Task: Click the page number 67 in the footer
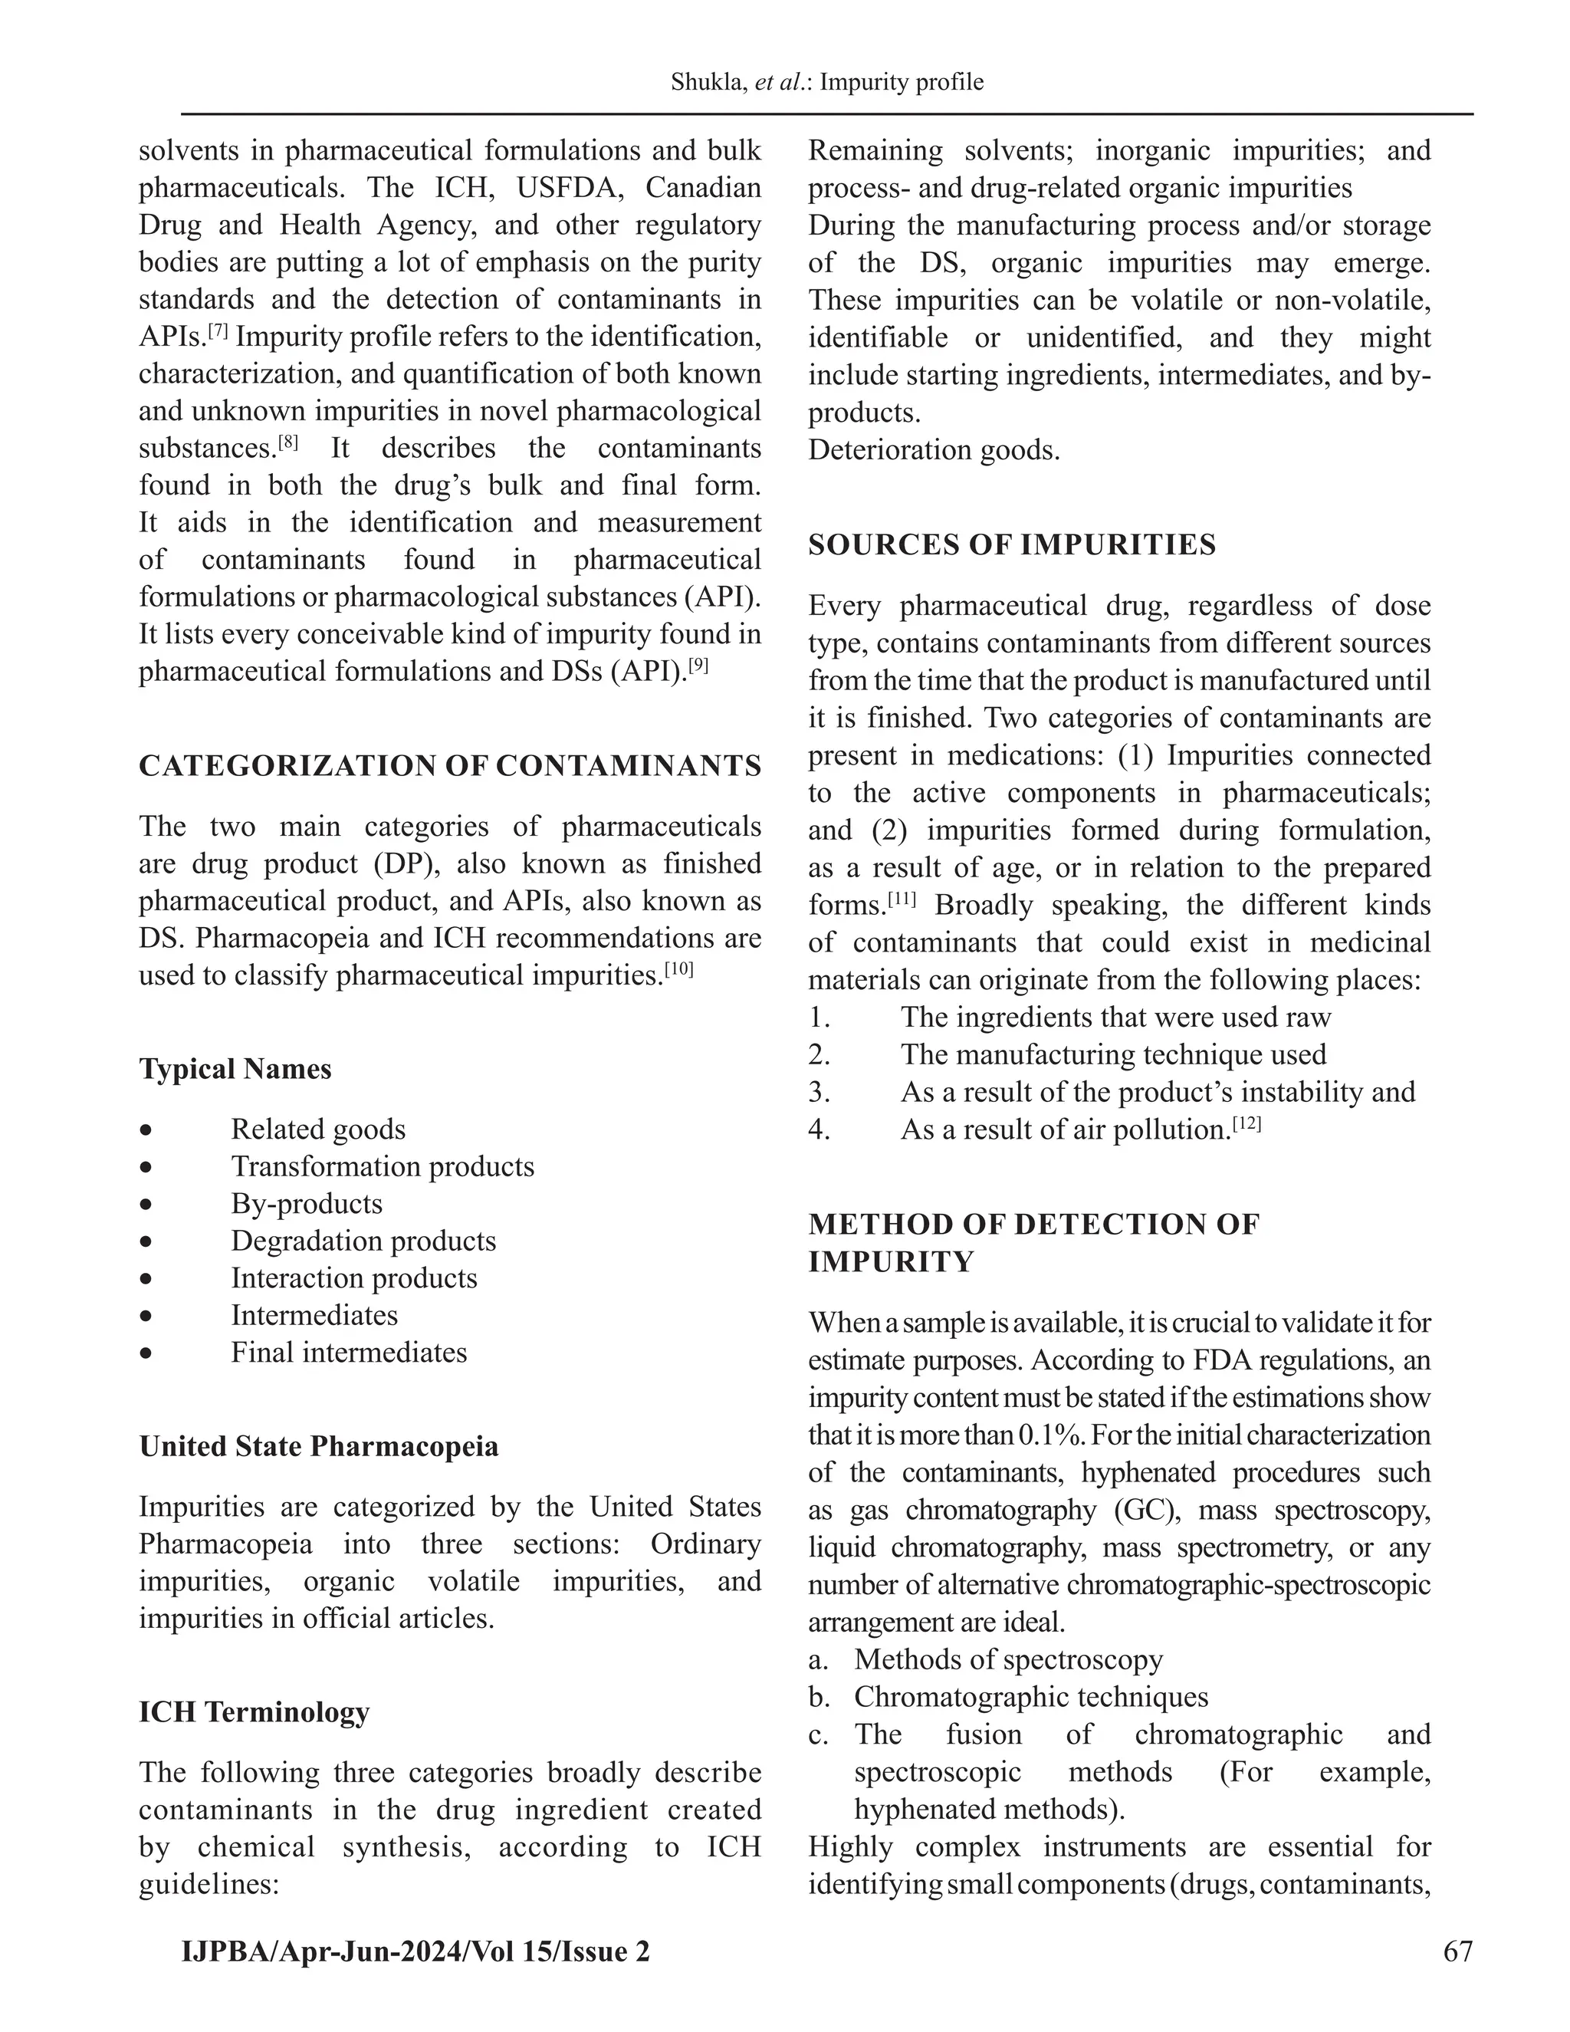pos(1457,1950)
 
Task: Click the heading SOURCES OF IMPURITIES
pos(1011,544)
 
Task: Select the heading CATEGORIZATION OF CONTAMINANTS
pos(450,766)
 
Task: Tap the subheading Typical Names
pos(235,1068)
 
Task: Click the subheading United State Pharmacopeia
pos(319,1446)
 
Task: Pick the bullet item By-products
pos(306,1203)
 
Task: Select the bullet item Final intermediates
pos(349,1352)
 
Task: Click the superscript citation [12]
pos(1246,1124)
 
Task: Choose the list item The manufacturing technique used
pos(1112,1054)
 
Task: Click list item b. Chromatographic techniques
pos(1030,1696)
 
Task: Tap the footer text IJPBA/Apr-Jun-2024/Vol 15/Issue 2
pos(415,1950)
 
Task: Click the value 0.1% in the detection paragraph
pos(1050,1435)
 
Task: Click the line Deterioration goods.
pos(934,449)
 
